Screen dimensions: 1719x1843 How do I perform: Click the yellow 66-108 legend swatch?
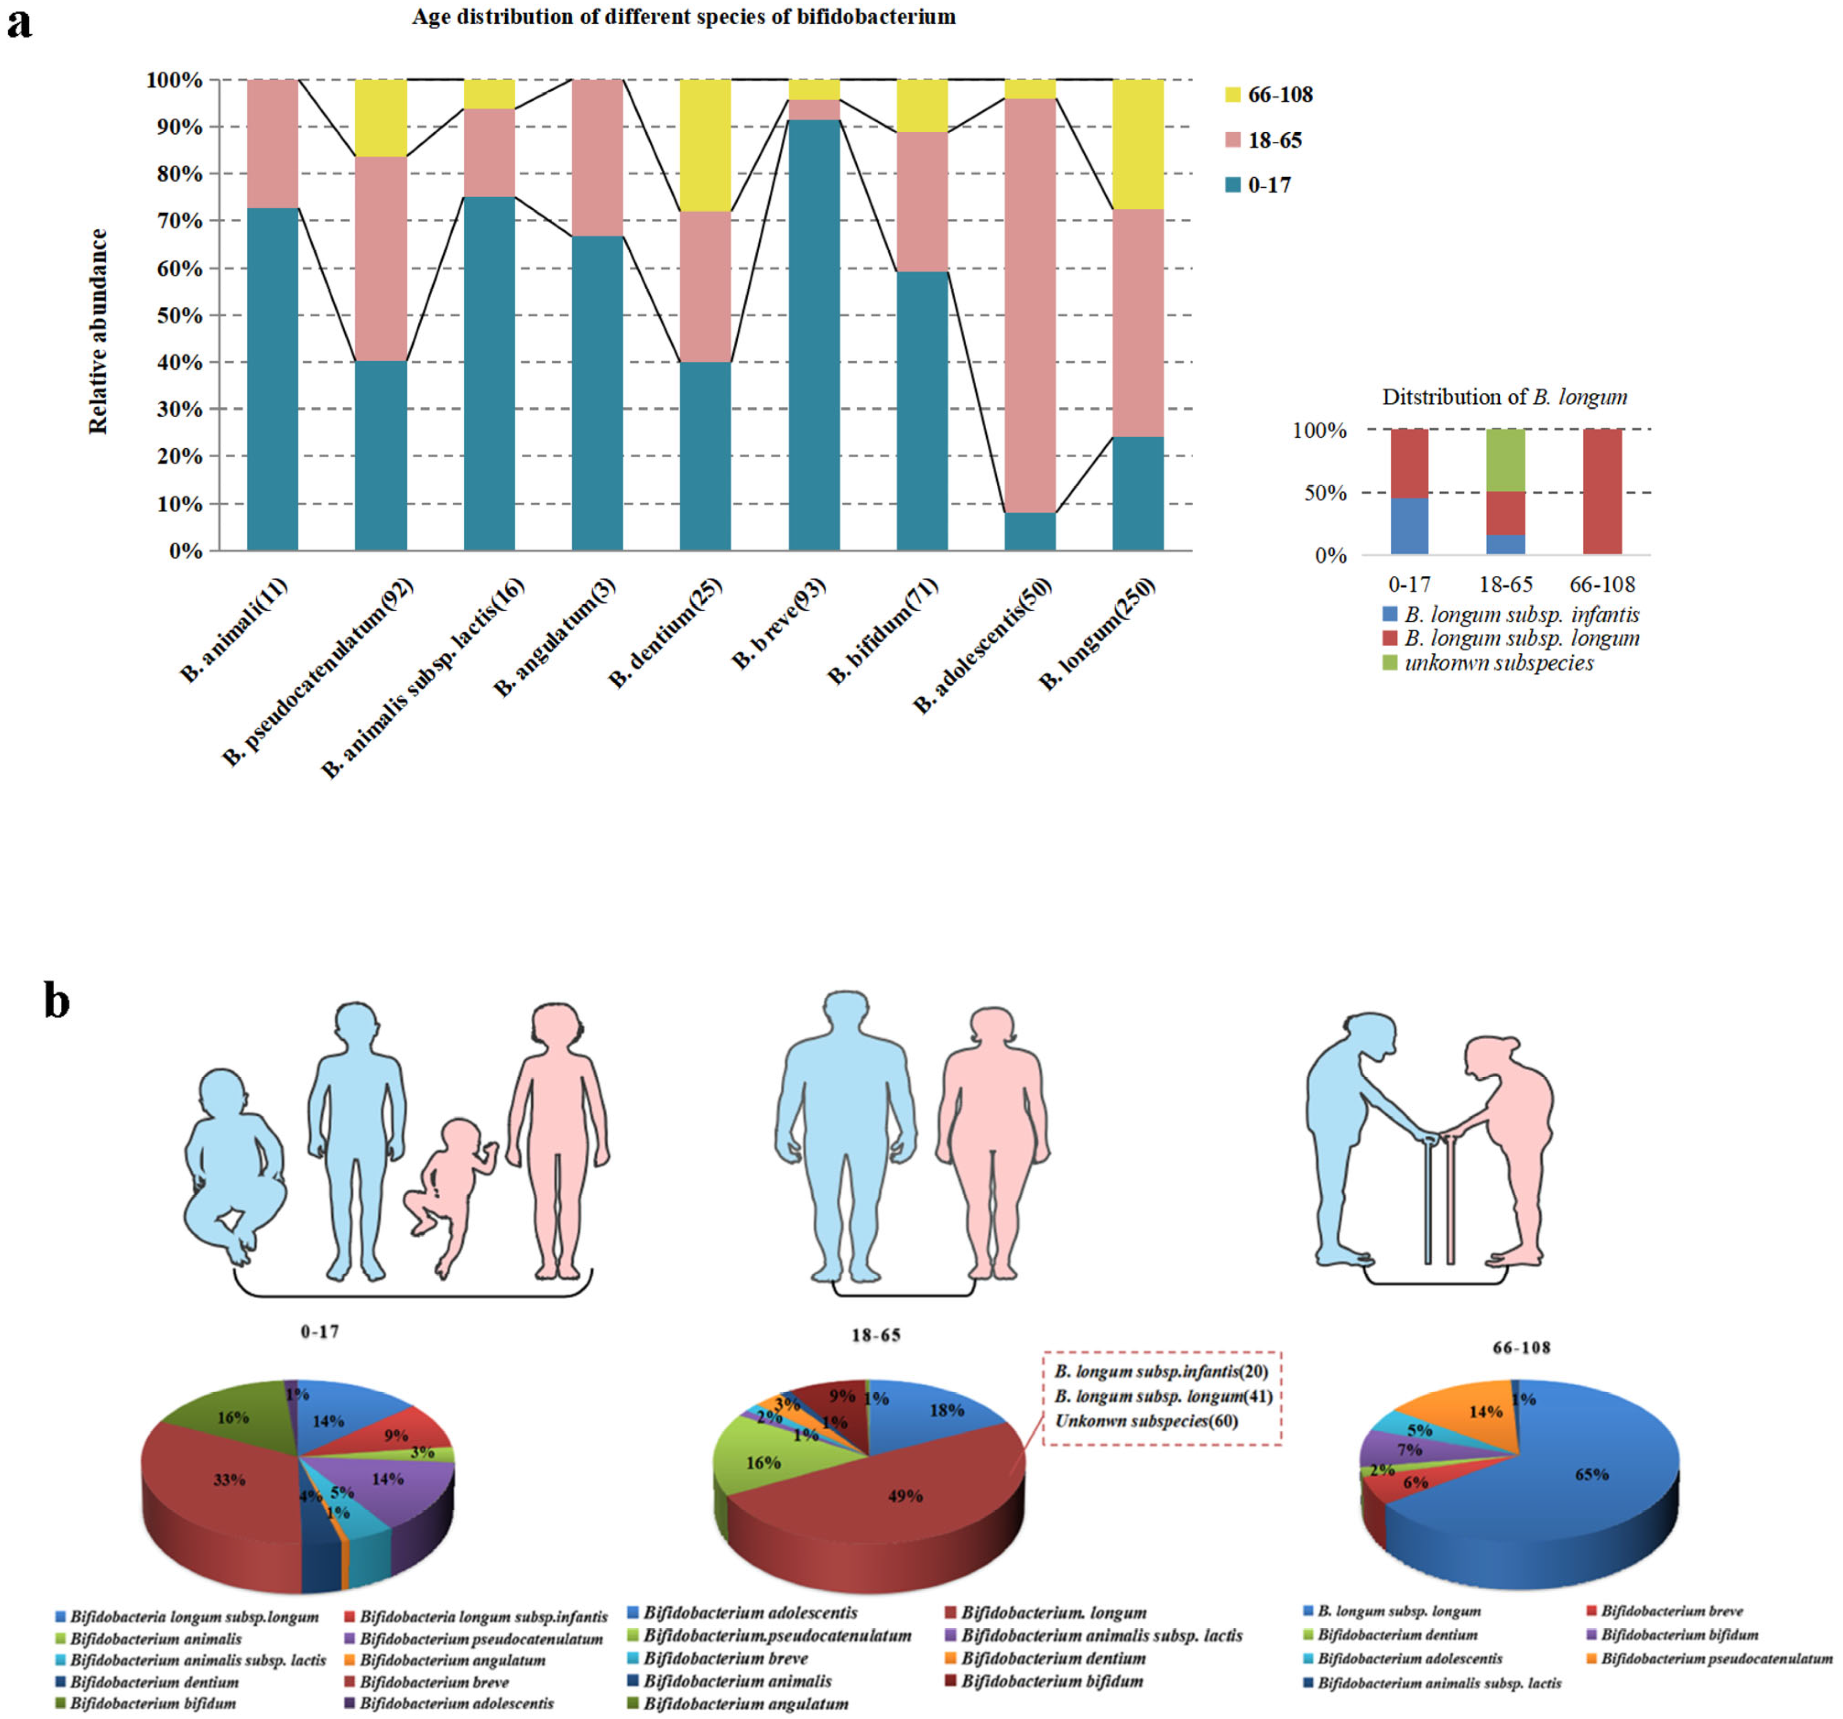click(x=1233, y=95)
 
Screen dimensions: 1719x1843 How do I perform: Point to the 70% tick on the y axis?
click(x=176, y=221)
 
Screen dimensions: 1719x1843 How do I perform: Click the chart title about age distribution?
click(x=683, y=16)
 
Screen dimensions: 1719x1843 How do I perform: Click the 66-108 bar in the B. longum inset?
click(x=1602, y=491)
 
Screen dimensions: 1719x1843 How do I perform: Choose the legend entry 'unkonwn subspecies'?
click(x=1498, y=663)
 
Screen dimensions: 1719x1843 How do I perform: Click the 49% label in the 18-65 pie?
click(x=905, y=1496)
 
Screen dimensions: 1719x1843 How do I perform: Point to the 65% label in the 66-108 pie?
click(x=1592, y=1474)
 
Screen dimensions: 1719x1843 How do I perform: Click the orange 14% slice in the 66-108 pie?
click(x=1474, y=1414)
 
